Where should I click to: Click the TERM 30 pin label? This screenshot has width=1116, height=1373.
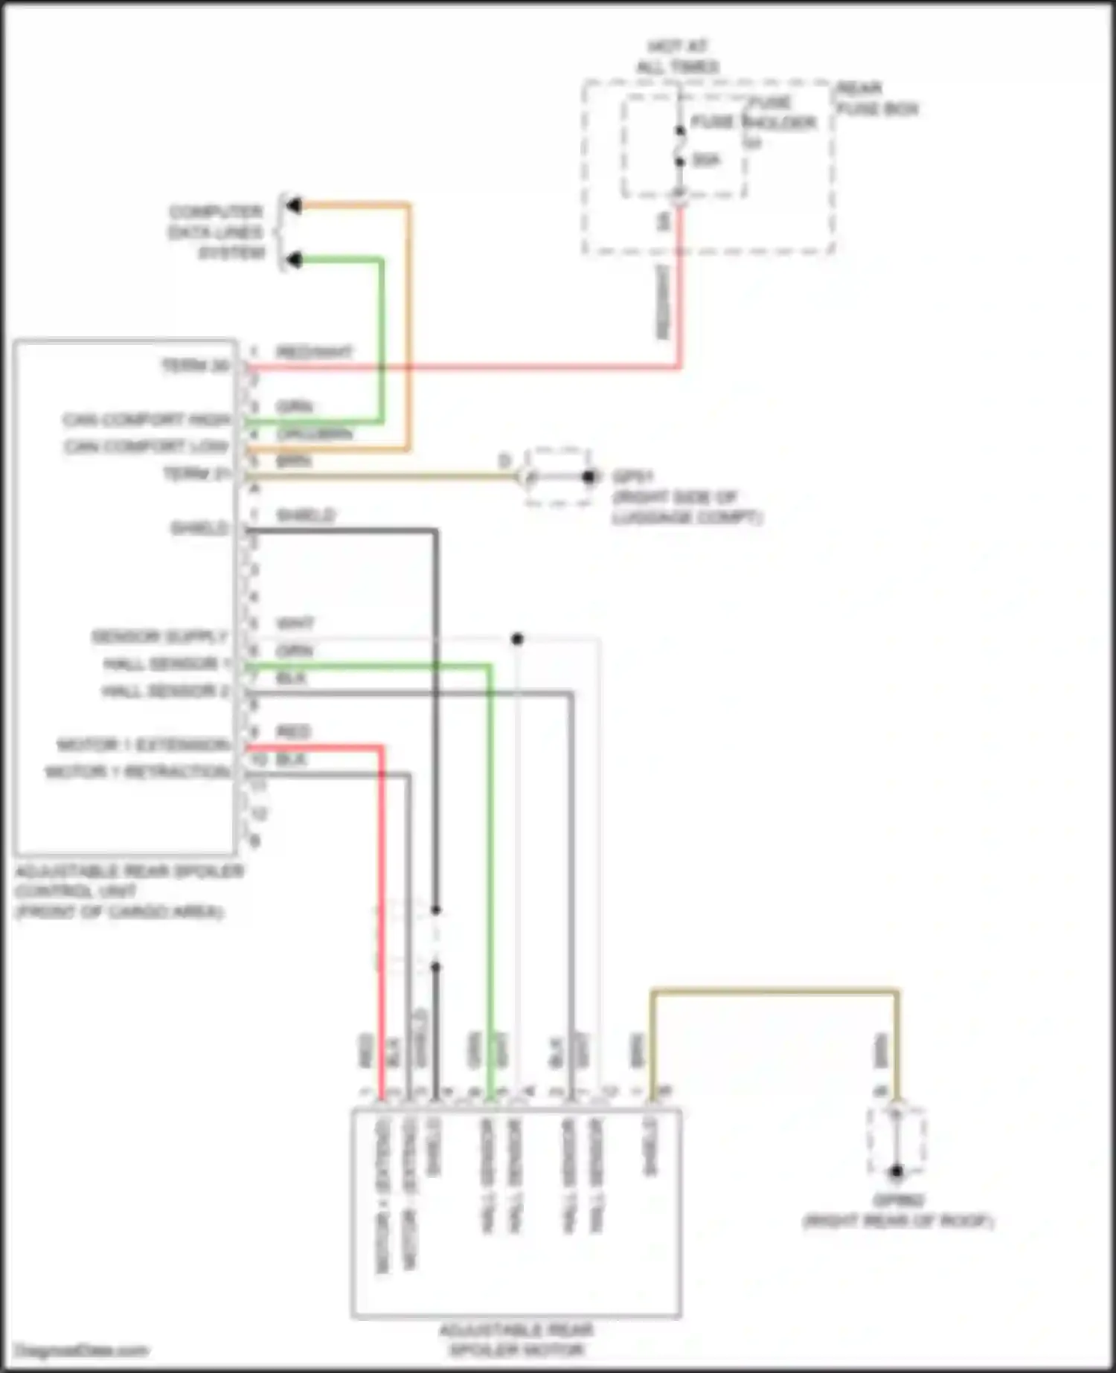[x=196, y=366]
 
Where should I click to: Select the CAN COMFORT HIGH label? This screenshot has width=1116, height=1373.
[x=147, y=420]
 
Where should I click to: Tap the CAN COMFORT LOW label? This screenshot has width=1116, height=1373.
[x=147, y=447]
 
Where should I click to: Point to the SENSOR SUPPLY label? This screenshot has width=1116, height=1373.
[x=158, y=637]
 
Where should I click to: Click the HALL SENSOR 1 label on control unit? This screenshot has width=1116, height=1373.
[x=166, y=664]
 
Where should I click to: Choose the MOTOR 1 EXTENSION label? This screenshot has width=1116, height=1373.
[x=143, y=745]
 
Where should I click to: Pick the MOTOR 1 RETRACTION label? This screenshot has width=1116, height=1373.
[x=138, y=772]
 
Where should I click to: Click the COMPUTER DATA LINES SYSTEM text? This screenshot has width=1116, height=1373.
[x=216, y=232]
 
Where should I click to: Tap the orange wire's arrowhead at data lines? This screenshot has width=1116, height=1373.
[x=295, y=205]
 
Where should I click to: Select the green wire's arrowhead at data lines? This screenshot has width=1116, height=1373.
[x=295, y=260]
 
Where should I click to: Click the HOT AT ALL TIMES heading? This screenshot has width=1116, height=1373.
[x=677, y=57]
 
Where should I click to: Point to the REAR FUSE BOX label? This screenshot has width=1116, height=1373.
[x=878, y=99]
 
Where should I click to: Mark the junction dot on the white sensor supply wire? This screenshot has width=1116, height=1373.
[x=518, y=639]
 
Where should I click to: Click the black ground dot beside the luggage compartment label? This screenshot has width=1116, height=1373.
[x=589, y=477]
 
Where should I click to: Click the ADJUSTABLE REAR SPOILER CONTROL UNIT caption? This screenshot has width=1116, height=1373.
[x=129, y=891]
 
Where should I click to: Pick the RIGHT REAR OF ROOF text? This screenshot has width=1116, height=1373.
[x=898, y=1221]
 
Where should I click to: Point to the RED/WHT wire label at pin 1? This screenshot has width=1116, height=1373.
[x=314, y=352]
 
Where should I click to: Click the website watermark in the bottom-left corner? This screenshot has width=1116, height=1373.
[x=82, y=1351]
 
